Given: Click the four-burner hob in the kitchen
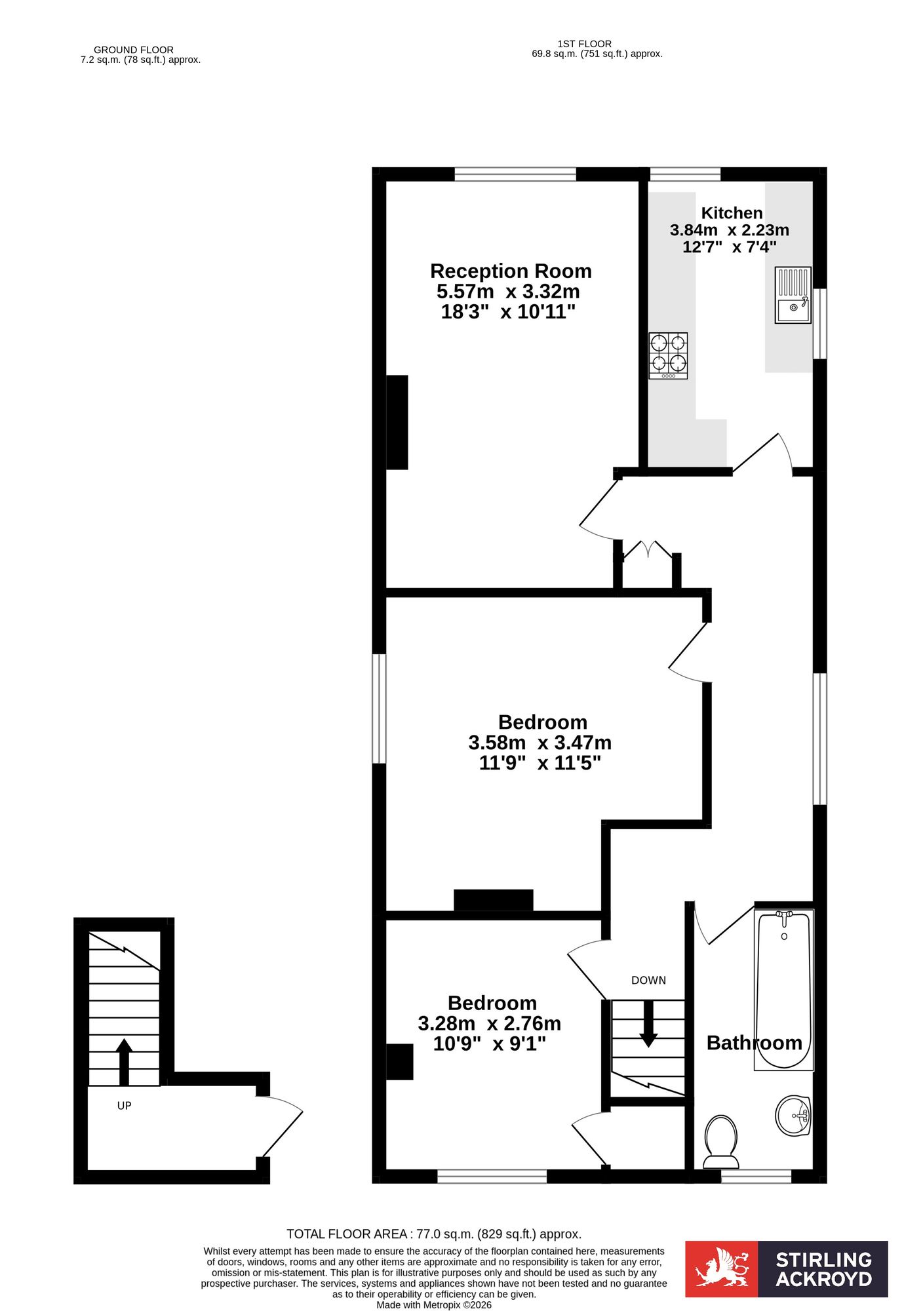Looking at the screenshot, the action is coord(668,356).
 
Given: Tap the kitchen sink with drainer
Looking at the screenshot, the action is coord(793,295).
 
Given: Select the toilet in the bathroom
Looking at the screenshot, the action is coord(720,1142).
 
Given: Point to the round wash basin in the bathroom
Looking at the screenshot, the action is coord(793,1115).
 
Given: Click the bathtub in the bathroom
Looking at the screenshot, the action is coord(783,990).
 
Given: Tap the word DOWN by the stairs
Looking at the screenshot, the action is coord(648,981).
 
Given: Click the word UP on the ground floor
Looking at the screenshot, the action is coord(124,1106).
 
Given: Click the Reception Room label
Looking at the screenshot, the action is coord(511,271).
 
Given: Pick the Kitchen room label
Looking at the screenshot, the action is coord(732,213).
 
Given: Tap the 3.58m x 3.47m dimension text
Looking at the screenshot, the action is coord(540,743).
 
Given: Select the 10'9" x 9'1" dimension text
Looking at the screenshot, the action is coord(490,1044).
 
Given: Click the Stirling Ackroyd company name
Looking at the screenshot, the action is coord(823,1269).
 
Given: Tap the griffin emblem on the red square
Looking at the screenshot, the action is coord(722,1268).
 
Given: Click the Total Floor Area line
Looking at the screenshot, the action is coord(434,1234).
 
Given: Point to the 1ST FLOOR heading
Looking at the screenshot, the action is coord(584,44).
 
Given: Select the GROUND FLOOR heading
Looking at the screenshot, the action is coord(134,50).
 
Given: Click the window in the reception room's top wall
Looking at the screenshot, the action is coord(515,174).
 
